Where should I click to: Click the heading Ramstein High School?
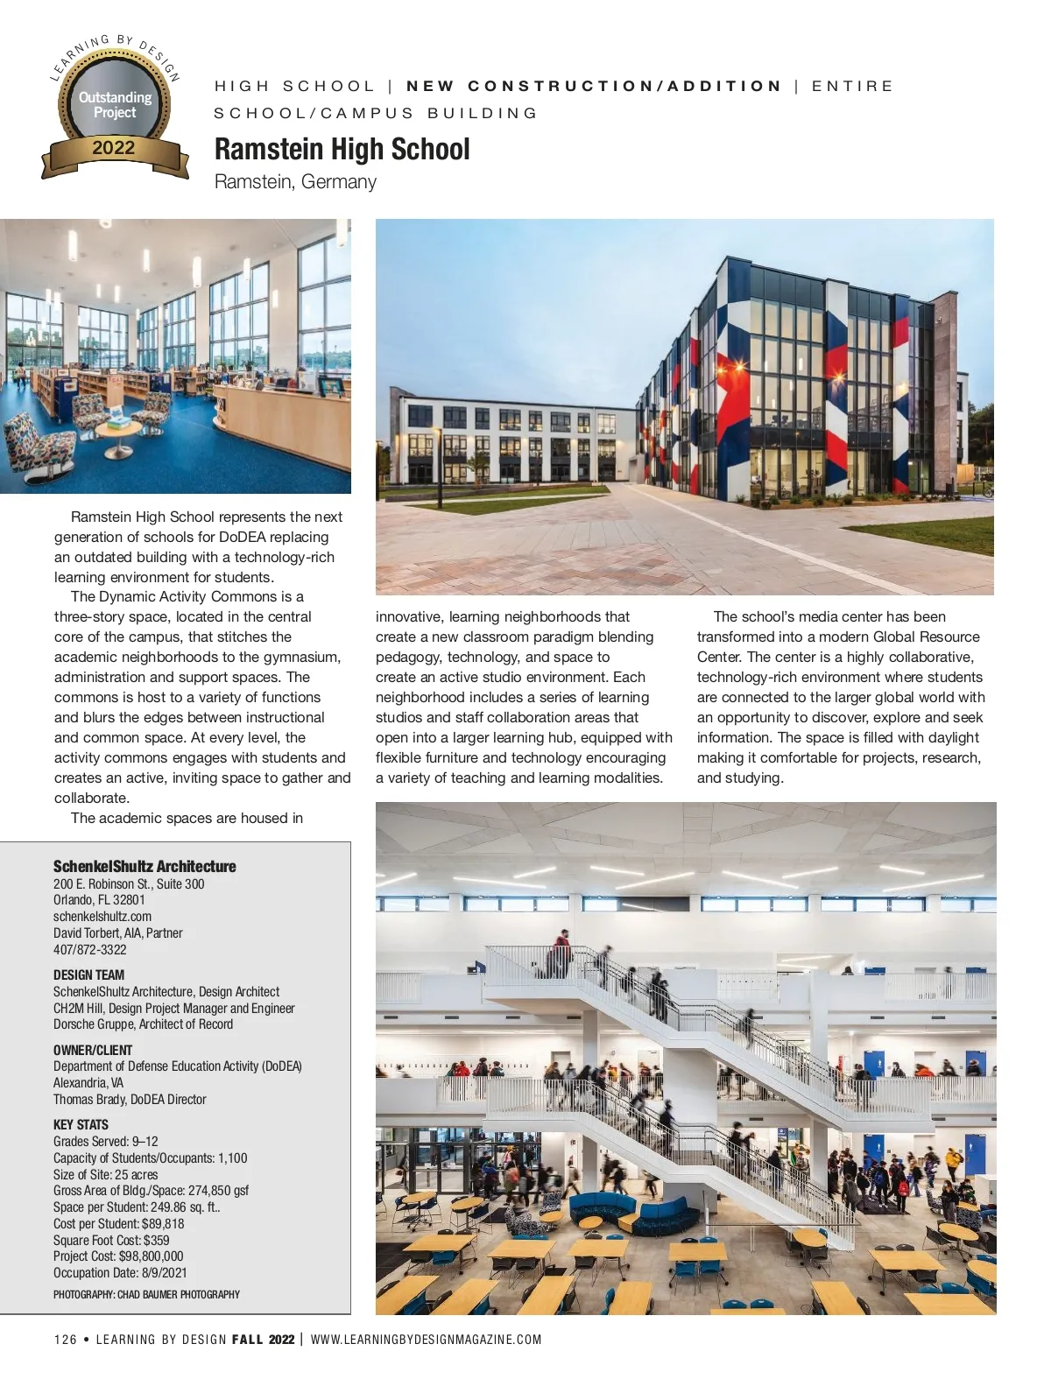click(x=342, y=150)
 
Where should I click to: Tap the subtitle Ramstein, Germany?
click(x=295, y=182)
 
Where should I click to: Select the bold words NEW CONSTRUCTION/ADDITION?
click(x=594, y=86)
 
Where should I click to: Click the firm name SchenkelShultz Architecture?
click(x=145, y=866)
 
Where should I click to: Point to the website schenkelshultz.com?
click(x=102, y=916)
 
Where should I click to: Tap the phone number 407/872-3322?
click(x=89, y=949)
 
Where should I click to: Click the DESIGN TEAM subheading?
click(x=88, y=974)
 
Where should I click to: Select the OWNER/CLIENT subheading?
click(x=93, y=1050)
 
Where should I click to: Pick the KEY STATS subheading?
click(x=81, y=1124)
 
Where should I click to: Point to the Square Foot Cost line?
click(x=111, y=1240)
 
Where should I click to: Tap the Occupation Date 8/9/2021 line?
click(x=120, y=1272)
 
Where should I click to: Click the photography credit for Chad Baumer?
click(x=146, y=1294)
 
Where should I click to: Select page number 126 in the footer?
click(x=65, y=1340)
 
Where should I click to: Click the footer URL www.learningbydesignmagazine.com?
click(x=426, y=1340)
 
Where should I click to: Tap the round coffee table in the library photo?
click(x=118, y=428)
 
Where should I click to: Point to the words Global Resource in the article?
click(x=927, y=637)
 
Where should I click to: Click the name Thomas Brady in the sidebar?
click(x=89, y=1099)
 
